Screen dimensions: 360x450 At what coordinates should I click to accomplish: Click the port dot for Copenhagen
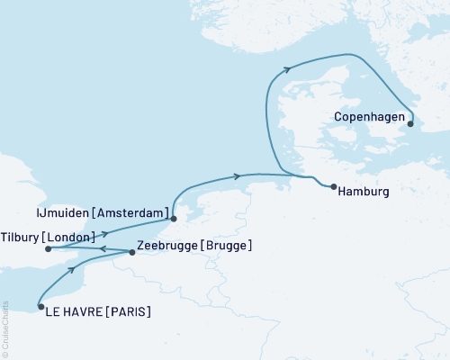(409, 124)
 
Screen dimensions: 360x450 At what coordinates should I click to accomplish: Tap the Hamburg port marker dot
(334, 187)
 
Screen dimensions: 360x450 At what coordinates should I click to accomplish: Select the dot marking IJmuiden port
(174, 218)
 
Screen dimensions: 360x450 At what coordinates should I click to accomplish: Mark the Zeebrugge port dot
(132, 253)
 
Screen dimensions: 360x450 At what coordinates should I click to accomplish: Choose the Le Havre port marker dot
(41, 307)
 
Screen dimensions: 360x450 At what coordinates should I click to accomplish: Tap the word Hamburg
(365, 192)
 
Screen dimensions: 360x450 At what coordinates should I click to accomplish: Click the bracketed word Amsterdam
(136, 212)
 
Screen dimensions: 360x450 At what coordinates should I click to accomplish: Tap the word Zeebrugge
(168, 245)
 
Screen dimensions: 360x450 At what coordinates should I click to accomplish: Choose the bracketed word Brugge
(227, 245)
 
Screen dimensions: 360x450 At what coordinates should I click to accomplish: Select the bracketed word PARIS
(129, 312)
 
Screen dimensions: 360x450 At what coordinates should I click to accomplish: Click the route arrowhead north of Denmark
(286, 68)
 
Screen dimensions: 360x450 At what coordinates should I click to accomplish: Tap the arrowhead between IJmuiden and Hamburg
(237, 175)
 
